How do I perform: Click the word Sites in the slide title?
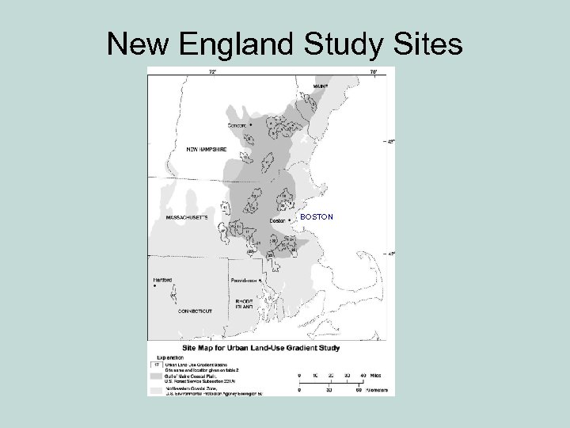point(425,44)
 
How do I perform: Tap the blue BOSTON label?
point(317,216)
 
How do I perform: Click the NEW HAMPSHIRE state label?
point(207,148)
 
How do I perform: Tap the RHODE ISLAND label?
point(244,306)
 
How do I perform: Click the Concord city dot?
point(251,125)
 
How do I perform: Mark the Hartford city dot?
point(155,286)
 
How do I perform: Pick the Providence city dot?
point(260,281)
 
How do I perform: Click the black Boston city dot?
point(289,220)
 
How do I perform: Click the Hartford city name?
point(163,279)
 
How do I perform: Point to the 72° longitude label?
point(213,71)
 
